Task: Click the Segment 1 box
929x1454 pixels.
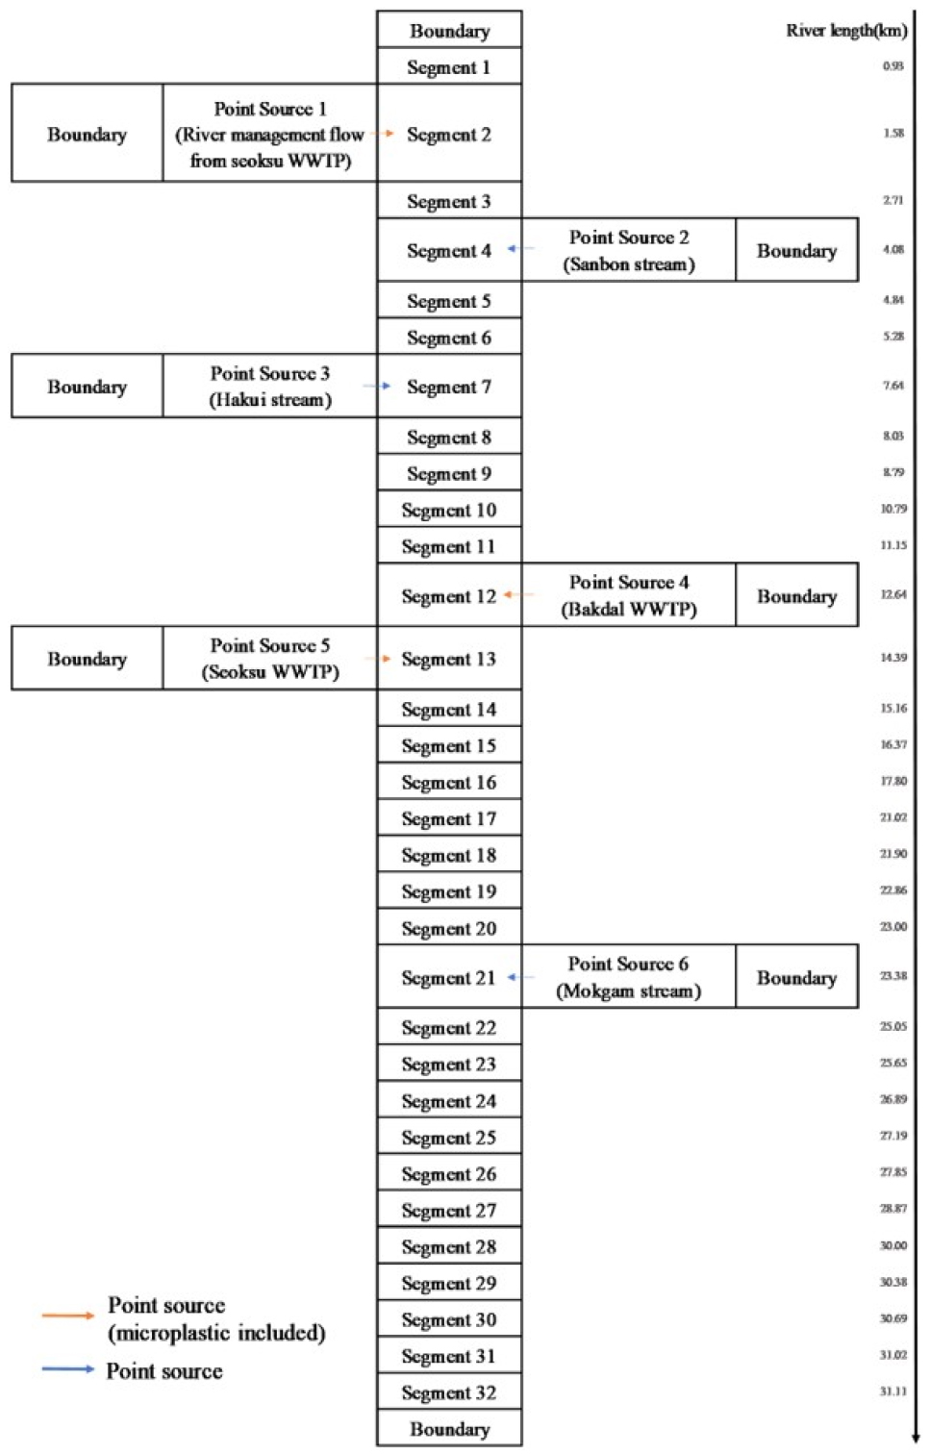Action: (x=449, y=66)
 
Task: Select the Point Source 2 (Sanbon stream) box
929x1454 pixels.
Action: (x=629, y=250)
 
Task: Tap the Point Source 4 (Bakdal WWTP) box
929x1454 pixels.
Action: (x=629, y=595)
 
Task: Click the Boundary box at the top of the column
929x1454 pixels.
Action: (x=449, y=30)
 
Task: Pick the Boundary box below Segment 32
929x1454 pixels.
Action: (x=449, y=1429)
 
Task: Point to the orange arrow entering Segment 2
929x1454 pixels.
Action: (x=386, y=134)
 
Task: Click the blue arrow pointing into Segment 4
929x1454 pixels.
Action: (x=518, y=249)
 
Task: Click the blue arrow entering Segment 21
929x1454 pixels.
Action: (x=518, y=977)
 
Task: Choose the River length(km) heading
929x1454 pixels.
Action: (x=845, y=30)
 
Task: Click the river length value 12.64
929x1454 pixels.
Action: (x=893, y=594)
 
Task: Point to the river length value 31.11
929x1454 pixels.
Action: (x=893, y=1391)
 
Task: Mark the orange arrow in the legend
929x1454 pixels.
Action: (x=67, y=1315)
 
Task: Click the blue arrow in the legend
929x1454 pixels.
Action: (x=67, y=1368)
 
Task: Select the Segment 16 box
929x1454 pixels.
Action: (x=449, y=782)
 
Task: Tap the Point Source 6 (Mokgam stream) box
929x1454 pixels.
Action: (x=629, y=977)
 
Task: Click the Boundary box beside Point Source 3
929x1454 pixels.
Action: (x=87, y=387)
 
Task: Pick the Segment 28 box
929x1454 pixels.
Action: (x=449, y=1246)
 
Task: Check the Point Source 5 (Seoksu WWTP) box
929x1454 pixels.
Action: (x=270, y=659)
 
